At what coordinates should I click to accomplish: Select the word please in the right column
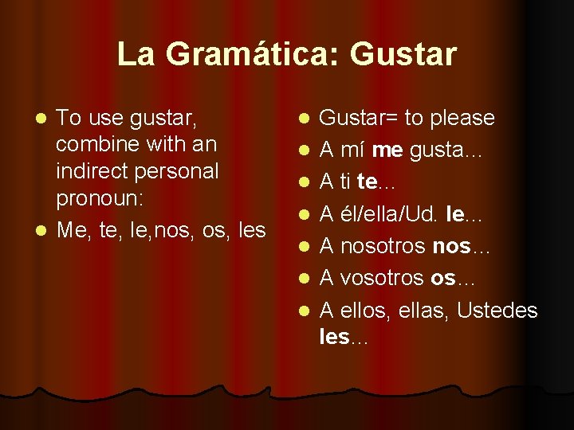tap(462, 119)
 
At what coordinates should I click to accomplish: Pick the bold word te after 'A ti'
tap(367, 183)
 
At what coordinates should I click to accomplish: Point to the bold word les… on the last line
tap(344, 337)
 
